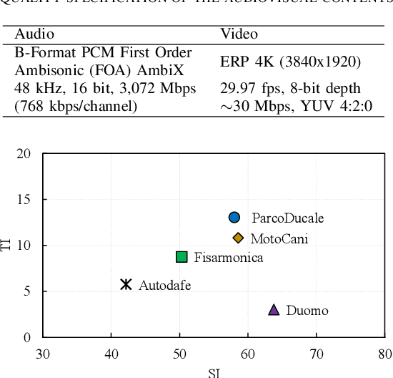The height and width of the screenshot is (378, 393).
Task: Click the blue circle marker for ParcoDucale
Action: (x=234, y=217)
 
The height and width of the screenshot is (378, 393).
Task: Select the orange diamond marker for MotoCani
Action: (x=238, y=238)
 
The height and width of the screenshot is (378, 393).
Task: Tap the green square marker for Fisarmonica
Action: (x=181, y=257)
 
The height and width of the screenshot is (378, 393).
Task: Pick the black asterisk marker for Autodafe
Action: (x=126, y=284)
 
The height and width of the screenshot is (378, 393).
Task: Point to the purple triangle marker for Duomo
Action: (x=274, y=309)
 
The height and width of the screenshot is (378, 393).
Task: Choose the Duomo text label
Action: (x=307, y=311)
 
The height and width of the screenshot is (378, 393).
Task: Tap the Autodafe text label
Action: (x=164, y=285)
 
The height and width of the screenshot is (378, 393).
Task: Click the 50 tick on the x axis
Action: (x=179, y=352)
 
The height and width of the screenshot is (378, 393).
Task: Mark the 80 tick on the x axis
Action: (x=385, y=352)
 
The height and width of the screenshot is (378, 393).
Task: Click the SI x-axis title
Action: (x=214, y=372)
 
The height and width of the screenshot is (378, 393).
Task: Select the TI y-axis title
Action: (x=8, y=246)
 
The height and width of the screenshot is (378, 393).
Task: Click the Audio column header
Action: (x=34, y=34)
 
